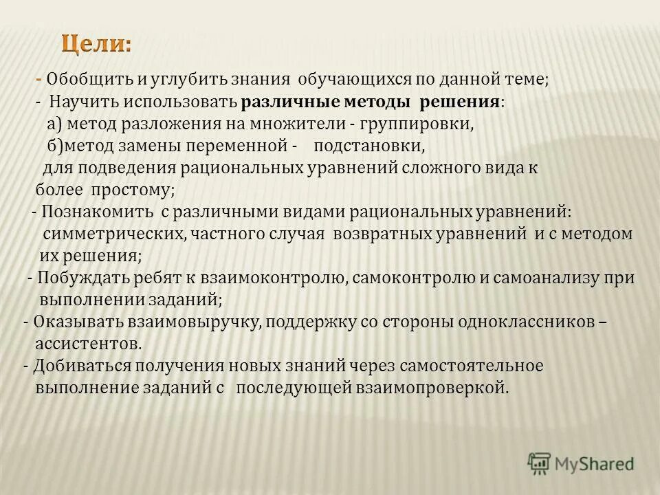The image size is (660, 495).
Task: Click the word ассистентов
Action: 88,344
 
